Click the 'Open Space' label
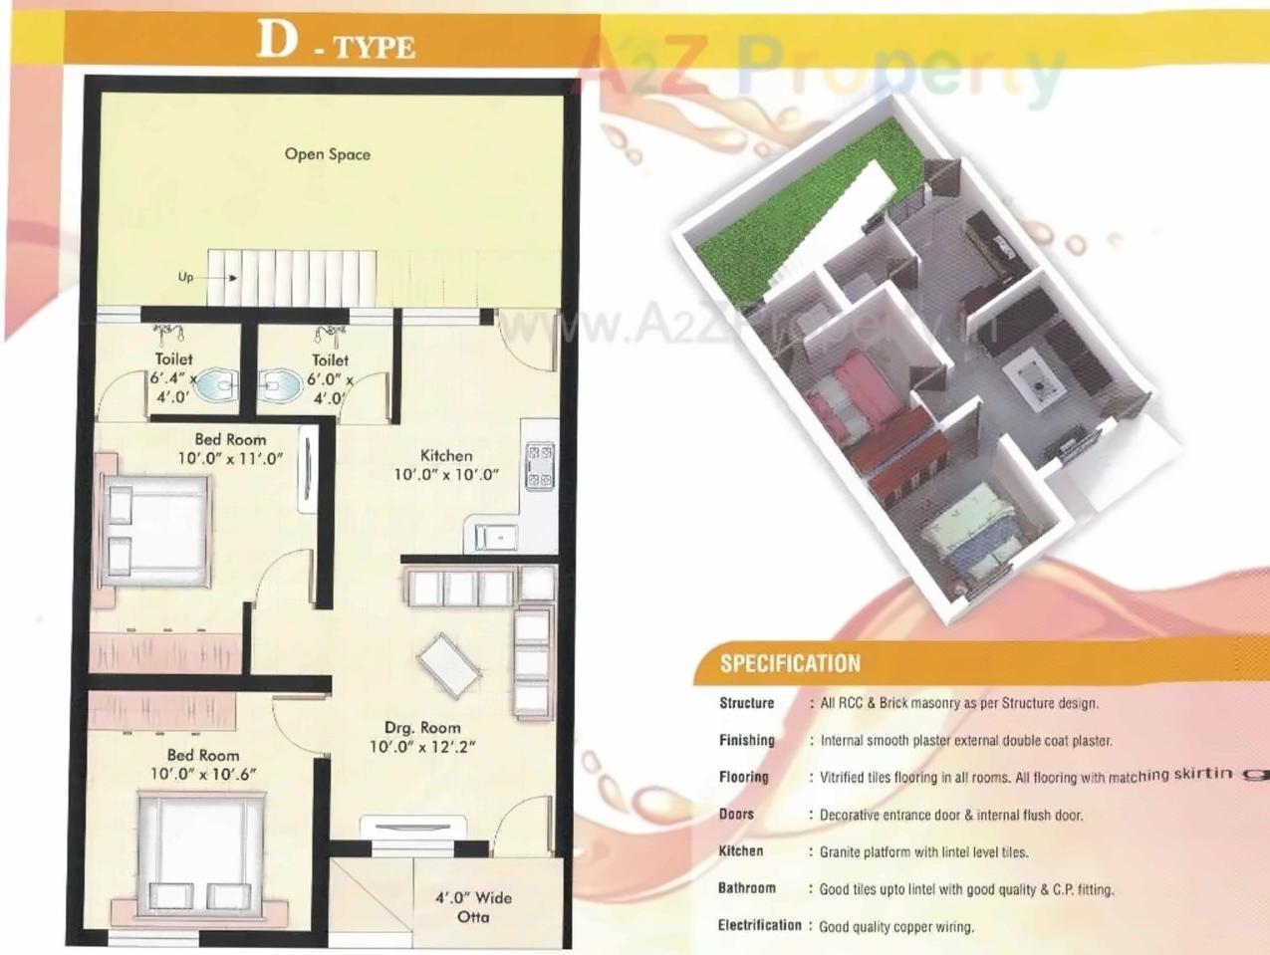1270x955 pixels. click(327, 154)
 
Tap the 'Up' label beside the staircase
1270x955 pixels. click(185, 277)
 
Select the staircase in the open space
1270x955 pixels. click(294, 279)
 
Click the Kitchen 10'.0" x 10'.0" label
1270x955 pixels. click(445, 465)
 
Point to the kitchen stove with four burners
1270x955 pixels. click(539, 466)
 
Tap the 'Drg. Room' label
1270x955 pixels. click(422, 728)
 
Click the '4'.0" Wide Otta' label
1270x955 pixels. click(473, 906)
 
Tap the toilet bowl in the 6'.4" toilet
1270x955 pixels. click(213, 386)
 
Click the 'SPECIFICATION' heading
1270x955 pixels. click(790, 663)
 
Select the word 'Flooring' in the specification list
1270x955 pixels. click(744, 777)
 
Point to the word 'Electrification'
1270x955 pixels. click(759, 925)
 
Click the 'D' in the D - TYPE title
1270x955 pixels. click(277, 40)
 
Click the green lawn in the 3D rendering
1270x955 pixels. click(807, 214)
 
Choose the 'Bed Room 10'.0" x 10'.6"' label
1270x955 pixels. click(203, 764)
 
